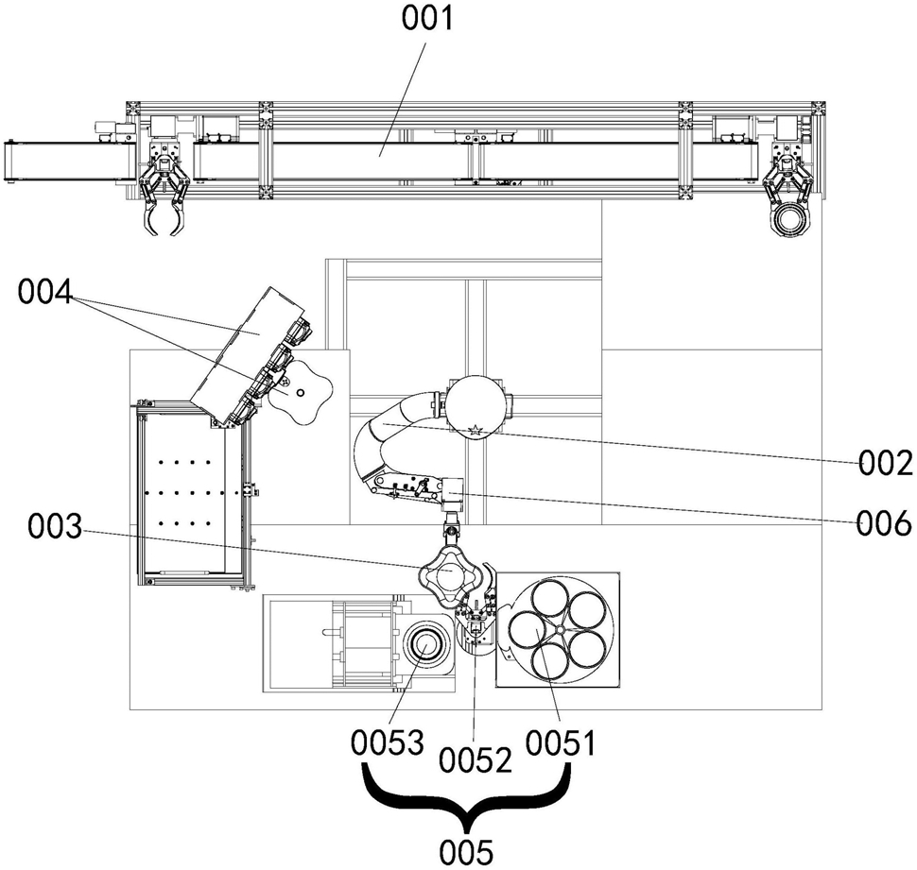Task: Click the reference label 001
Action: click(427, 18)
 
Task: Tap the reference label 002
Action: click(886, 463)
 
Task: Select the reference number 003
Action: click(55, 528)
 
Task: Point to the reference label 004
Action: click(44, 291)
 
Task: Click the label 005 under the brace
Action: click(466, 852)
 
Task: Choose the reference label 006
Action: click(885, 523)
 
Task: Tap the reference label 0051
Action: click(561, 743)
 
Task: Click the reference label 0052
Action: click(476, 759)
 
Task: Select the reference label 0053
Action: click(388, 742)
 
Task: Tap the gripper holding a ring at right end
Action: click(788, 194)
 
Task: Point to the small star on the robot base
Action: click(476, 430)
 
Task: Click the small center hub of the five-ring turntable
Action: click(560, 629)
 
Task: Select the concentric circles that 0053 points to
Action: click(426, 647)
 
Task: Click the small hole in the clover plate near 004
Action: click(301, 393)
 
